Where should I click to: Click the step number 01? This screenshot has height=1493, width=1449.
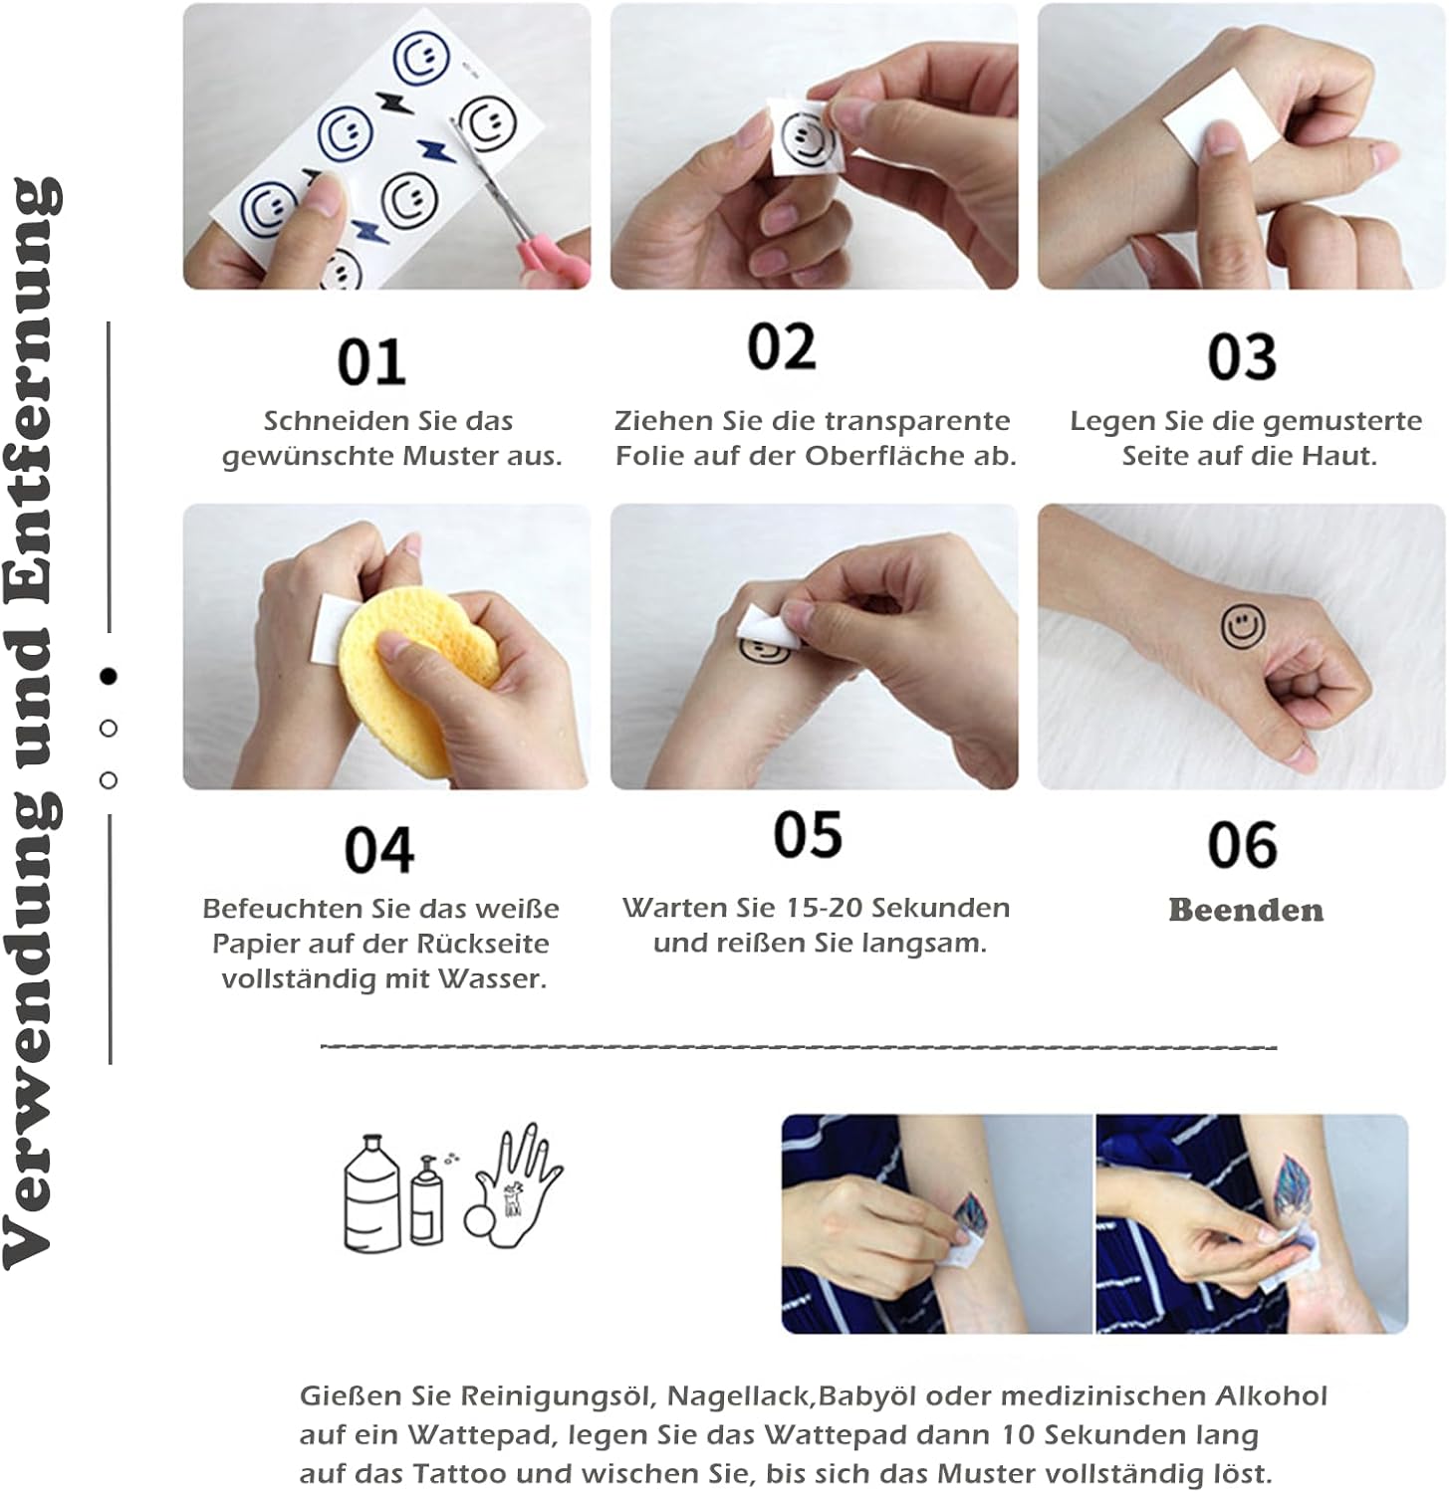[x=371, y=362]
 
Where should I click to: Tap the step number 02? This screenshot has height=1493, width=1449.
[x=782, y=346]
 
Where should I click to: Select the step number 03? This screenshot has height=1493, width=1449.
[x=1242, y=357]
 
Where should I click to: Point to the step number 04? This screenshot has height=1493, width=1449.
[x=379, y=851]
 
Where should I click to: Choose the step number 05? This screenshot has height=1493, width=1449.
[x=808, y=834]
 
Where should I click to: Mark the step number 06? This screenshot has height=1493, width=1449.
[x=1242, y=846]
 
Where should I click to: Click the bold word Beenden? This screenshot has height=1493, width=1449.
[x=1246, y=910]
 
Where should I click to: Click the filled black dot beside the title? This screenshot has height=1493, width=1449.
[x=109, y=676]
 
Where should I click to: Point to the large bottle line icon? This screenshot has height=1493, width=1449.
[x=371, y=1193]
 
